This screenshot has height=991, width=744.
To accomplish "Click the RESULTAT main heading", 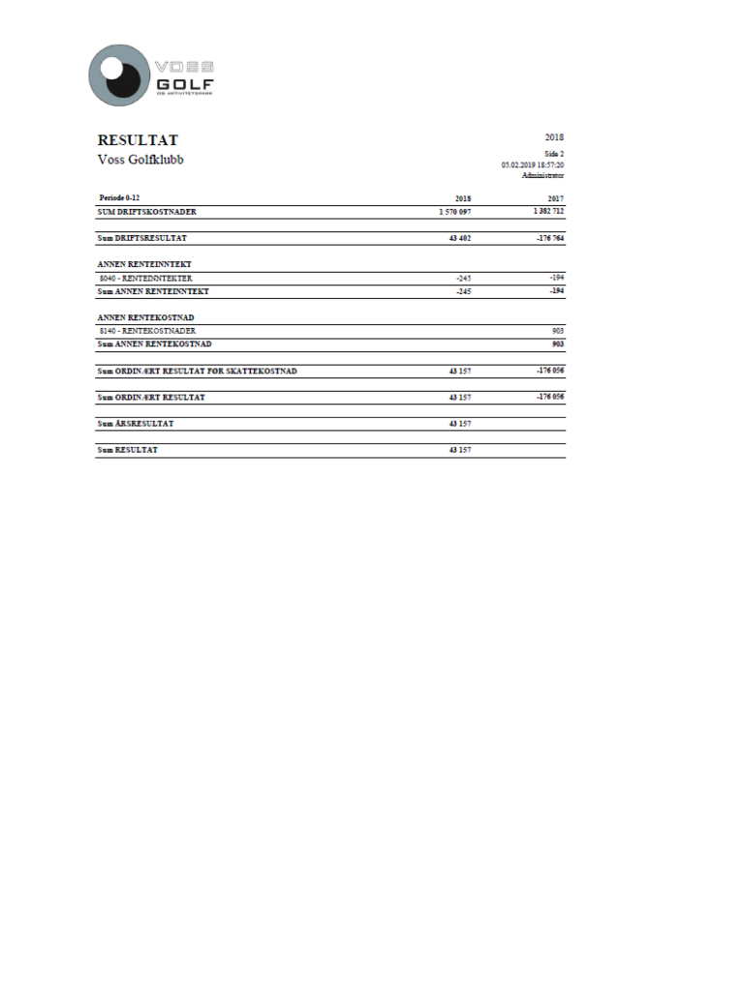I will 137,140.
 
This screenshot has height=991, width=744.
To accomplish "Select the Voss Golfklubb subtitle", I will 140,160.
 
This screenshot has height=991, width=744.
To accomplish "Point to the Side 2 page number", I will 553,154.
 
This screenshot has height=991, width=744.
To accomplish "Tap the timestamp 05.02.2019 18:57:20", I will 532,165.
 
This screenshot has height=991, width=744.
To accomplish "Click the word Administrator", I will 542,175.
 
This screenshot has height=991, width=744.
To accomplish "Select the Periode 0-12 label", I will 119,197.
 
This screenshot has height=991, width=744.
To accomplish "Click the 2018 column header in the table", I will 462,198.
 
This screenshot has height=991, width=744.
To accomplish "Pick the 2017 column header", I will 555,198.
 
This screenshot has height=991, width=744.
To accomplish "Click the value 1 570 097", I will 454,211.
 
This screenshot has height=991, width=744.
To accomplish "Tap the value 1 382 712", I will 547,210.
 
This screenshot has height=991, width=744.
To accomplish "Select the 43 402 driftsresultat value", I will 459,238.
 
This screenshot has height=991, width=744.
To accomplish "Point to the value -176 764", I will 550,237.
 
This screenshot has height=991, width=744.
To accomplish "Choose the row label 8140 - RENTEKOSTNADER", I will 147,331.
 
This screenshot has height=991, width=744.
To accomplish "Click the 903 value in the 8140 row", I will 558,331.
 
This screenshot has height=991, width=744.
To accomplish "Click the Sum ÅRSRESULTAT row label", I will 136,424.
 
